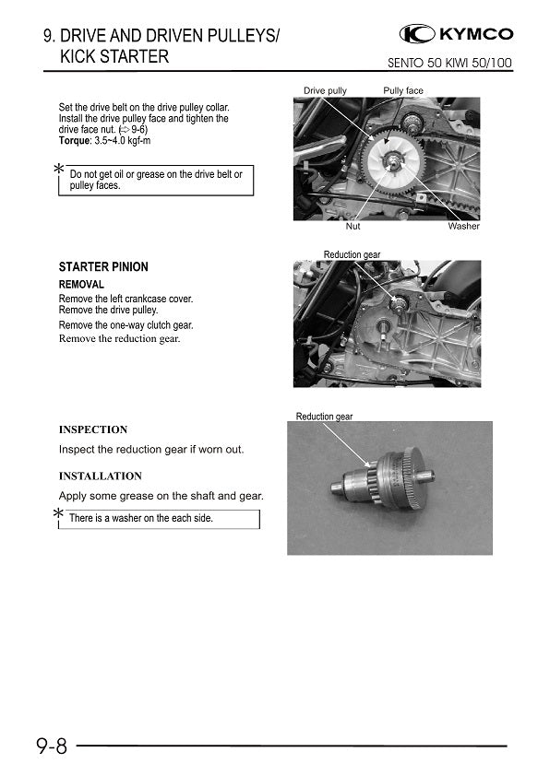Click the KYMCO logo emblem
417,34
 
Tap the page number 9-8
52,746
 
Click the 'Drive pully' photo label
325,90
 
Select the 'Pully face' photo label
403,90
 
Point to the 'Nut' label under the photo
353,226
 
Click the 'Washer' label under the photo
464,226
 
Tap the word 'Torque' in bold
75,141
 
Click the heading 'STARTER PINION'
103,266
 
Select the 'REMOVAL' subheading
81,285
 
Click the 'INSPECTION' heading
93,429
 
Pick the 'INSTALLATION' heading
100,476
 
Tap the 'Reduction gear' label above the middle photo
352,254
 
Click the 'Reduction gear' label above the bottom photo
324,417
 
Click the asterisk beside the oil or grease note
59,169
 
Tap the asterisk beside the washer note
59,513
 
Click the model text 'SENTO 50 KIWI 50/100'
449,64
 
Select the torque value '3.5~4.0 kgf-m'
123,141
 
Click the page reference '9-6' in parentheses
138,130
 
